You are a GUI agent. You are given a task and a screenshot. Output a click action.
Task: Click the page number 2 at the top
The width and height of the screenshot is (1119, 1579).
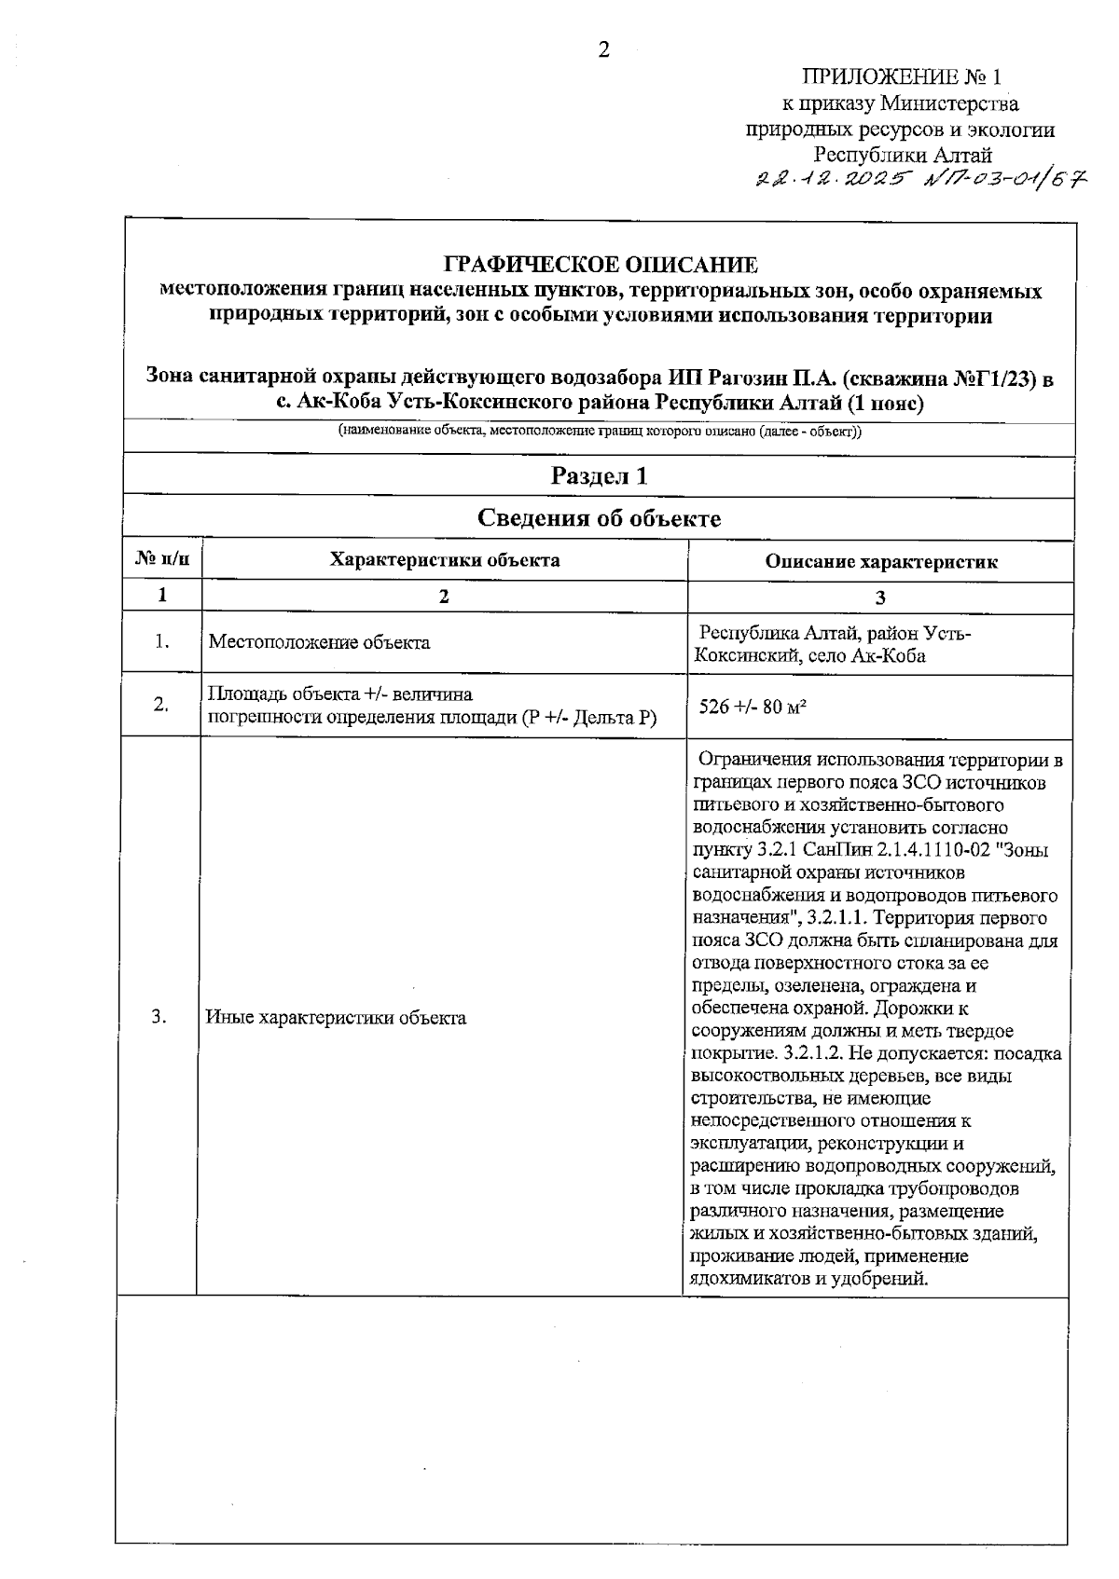(603, 50)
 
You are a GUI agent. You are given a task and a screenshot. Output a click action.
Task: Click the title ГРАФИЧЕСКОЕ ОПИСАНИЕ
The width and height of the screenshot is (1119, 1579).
(601, 265)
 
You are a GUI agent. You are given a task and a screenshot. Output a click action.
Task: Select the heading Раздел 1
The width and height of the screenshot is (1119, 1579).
(600, 476)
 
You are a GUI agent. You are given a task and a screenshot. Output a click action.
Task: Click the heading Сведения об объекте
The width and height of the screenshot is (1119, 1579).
(600, 518)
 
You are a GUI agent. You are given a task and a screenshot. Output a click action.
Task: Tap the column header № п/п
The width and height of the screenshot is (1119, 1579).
(162, 560)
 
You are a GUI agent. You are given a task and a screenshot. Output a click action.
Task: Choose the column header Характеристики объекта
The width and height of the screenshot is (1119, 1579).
(445, 560)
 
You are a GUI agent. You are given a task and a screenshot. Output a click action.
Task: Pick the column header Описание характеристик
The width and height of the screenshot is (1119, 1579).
(881, 561)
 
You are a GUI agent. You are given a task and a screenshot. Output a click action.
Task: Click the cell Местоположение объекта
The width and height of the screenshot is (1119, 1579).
(319, 642)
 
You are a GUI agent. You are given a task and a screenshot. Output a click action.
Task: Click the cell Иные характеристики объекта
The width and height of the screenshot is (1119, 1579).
(336, 1017)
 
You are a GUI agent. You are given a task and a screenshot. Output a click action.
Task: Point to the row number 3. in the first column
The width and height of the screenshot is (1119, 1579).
(159, 1016)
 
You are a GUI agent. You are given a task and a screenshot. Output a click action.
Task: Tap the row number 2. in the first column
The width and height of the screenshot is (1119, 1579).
(161, 705)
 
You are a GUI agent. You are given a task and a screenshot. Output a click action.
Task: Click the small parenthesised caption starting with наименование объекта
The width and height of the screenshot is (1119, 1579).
(600, 432)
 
